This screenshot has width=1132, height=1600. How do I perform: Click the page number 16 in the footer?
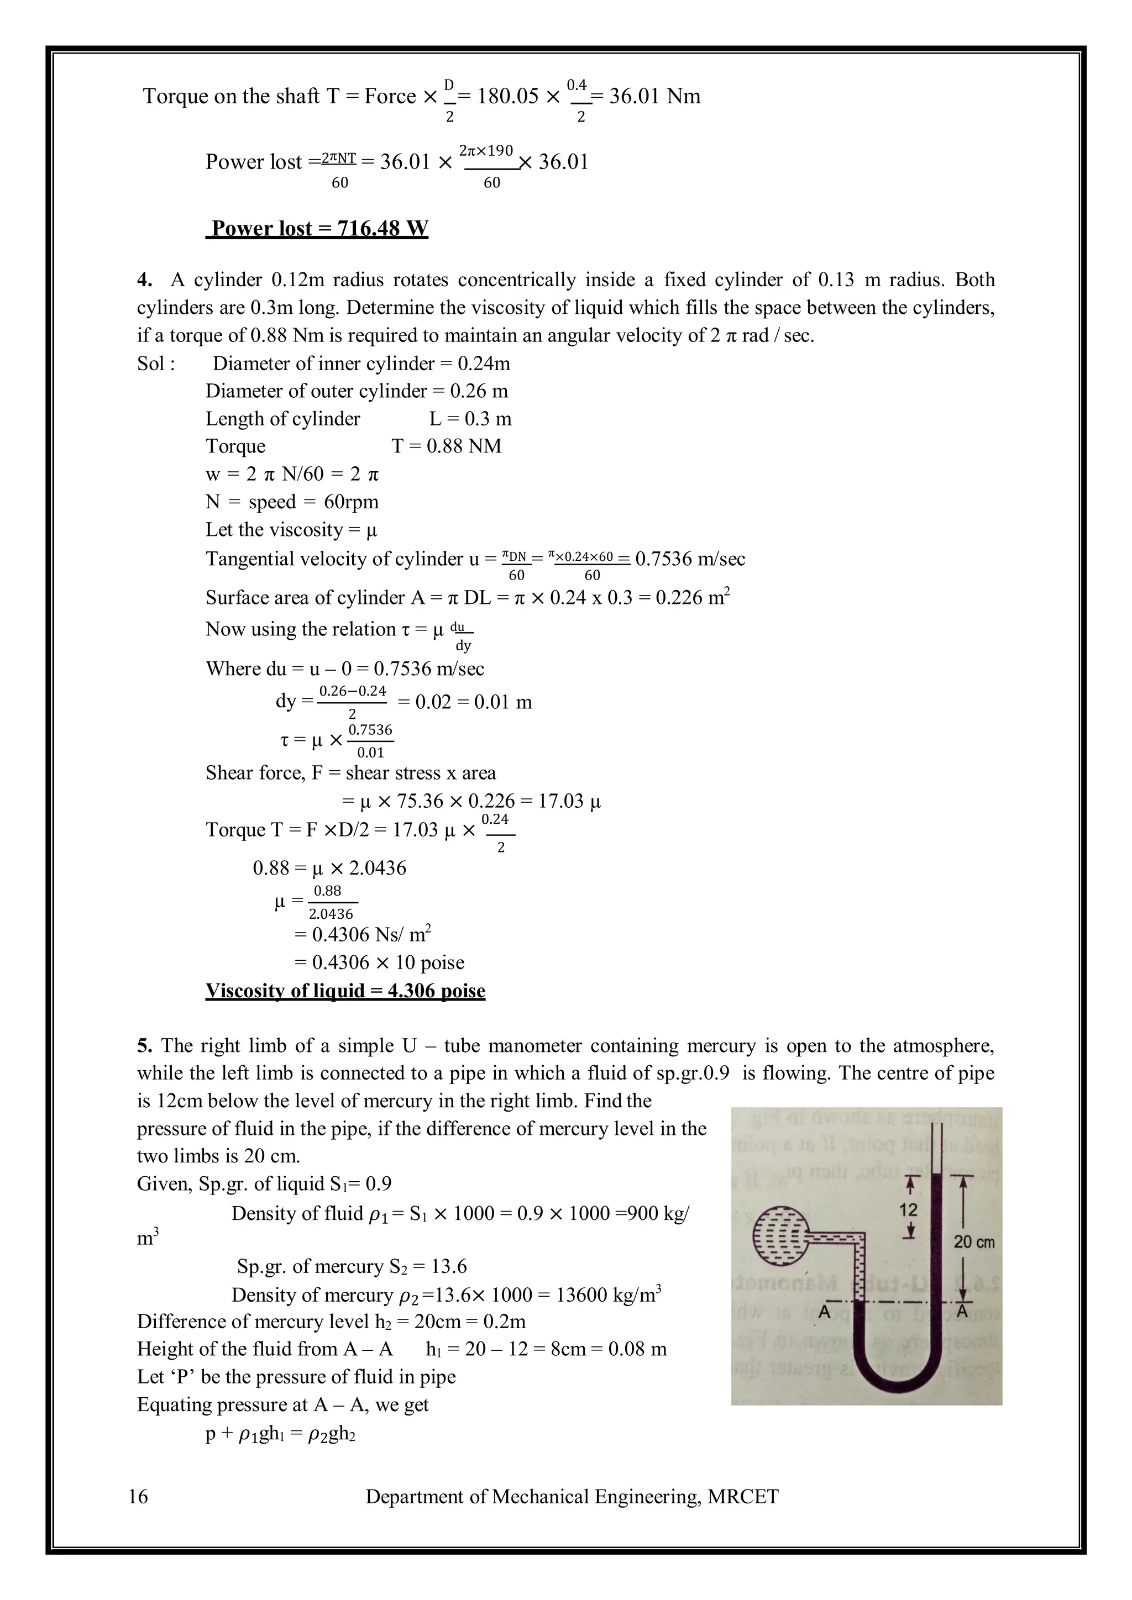tap(139, 1496)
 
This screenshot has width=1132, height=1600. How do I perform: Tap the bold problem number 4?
tap(144, 280)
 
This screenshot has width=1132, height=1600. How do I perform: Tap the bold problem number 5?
tap(144, 1045)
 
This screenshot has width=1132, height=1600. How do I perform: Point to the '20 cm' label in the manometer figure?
tap(974, 1242)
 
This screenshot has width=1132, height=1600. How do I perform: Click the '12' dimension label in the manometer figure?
tap(908, 1210)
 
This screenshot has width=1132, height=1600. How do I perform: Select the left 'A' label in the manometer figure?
tap(825, 1312)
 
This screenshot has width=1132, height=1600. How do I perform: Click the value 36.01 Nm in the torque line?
tap(654, 96)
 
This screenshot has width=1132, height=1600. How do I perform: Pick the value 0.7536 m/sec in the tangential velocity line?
tap(690, 559)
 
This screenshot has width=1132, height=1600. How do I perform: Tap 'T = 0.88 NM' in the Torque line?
tap(447, 446)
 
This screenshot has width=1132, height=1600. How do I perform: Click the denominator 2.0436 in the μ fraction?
tap(331, 914)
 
